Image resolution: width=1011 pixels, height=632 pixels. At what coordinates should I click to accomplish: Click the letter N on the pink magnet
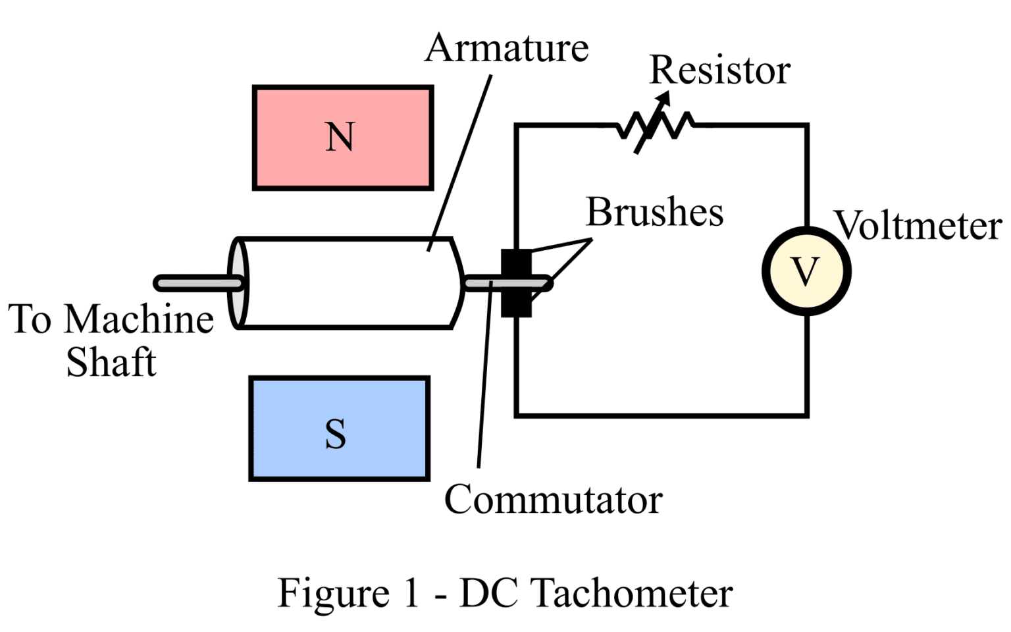[340, 137]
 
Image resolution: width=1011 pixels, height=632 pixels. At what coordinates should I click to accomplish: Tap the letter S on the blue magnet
[336, 434]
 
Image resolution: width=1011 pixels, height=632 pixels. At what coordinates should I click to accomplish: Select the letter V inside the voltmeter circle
[806, 271]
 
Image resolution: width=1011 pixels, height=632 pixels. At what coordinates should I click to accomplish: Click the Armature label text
[506, 49]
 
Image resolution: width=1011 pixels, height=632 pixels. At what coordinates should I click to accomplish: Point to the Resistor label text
[719, 70]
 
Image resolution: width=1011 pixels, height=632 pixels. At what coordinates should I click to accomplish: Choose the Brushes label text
[654, 212]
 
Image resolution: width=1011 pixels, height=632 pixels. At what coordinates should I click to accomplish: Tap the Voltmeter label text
[919, 226]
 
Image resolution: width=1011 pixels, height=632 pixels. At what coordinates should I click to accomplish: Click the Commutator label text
[553, 500]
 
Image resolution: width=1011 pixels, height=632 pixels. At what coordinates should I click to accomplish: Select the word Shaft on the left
[111, 362]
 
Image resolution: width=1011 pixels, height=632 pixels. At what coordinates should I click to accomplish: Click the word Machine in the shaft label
[139, 319]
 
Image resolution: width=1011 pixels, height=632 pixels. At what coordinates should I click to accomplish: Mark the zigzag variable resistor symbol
[656, 125]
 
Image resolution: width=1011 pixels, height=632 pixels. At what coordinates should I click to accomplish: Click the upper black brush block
[516, 263]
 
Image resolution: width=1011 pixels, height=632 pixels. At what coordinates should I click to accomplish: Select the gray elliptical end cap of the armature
[237, 283]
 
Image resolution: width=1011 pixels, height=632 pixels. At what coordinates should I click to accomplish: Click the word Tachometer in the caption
[631, 593]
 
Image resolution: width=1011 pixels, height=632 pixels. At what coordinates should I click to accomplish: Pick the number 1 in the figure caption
[411, 593]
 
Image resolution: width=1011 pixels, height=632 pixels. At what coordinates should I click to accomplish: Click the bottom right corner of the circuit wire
[806, 415]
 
